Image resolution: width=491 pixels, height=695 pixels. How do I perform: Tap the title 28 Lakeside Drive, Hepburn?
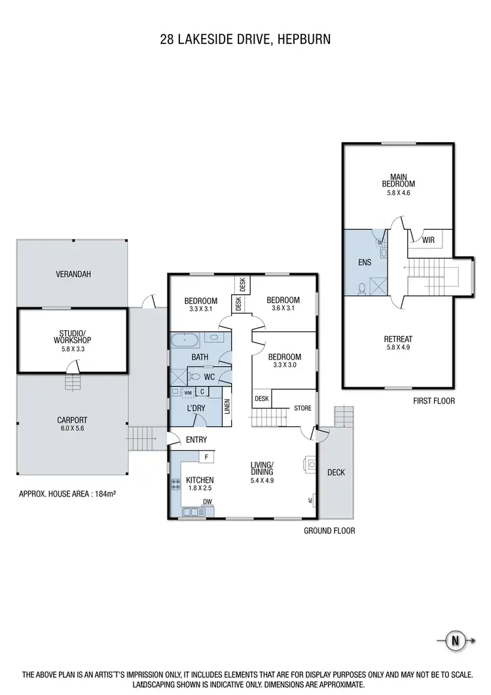245,39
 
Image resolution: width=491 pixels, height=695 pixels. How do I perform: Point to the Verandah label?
73,274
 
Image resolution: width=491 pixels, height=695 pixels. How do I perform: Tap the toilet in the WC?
195,377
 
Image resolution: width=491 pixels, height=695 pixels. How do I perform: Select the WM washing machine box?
188,392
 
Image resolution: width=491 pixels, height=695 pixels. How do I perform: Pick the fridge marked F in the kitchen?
206,457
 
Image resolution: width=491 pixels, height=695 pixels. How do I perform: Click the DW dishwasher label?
207,503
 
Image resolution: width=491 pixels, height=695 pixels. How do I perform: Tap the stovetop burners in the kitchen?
175,485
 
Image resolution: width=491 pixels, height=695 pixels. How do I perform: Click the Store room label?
302,408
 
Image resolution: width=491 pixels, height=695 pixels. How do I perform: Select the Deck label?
335,472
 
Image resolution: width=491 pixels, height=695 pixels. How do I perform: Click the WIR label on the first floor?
428,240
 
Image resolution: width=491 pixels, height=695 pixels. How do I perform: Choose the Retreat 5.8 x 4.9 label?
398,343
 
